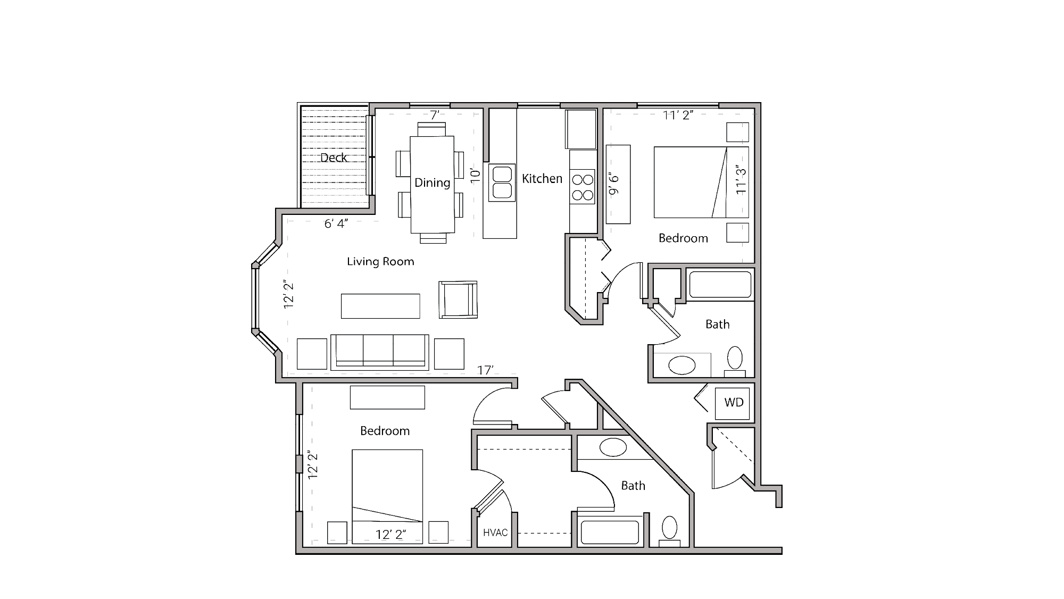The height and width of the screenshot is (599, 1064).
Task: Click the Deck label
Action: coord(334,157)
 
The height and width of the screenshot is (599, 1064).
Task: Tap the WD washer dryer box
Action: coord(734,403)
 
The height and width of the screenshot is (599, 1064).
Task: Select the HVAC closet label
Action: coord(495,533)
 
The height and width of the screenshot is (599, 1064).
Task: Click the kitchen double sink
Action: coord(502,182)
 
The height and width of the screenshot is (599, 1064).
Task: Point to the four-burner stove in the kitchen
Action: coord(583,187)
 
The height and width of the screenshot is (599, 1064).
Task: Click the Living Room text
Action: coord(380,261)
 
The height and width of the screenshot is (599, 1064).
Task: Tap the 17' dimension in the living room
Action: coord(485,370)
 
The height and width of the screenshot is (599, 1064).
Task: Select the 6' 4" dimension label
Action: coord(336,223)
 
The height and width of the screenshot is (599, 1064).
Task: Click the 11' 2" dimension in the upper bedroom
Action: coord(678,115)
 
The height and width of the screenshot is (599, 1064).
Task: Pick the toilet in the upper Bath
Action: coord(735,360)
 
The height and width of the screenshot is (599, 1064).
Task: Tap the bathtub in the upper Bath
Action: coord(720,285)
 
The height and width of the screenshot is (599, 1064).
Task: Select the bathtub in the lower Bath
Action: coord(610,532)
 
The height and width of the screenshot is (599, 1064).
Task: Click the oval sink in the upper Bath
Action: coord(681,365)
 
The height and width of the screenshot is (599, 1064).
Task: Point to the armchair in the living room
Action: coord(458,300)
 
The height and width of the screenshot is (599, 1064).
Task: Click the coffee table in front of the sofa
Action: coord(380,306)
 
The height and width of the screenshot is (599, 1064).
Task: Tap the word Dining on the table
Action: coord(432,182)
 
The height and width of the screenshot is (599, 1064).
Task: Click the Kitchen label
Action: coord(542,179)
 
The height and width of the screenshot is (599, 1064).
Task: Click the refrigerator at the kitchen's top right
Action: coord(580,129)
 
